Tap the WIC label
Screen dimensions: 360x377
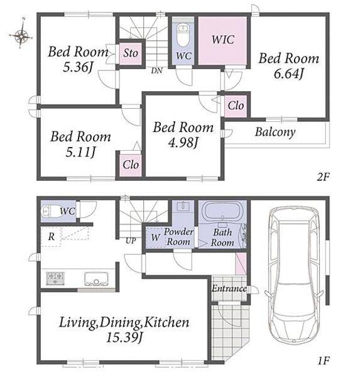coord(222,40)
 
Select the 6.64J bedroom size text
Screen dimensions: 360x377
coord(288,74)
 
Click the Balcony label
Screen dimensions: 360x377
coord(275,132)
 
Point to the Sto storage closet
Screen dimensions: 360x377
coord(131,53)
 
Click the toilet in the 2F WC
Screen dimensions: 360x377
coord(183,35)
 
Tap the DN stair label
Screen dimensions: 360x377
coord(157,70)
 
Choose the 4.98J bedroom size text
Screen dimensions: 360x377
coord(183,143)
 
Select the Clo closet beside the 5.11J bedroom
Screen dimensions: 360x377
coord(131,165)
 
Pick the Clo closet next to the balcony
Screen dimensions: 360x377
coord(236,106)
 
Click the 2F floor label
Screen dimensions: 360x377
coord(323,177)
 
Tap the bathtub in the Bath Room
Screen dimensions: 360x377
coord(222,211)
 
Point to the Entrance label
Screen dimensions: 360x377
coord(229,288)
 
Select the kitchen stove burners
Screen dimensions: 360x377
coord(55,278)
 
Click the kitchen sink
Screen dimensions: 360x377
coord(96,279)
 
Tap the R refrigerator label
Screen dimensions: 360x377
coord(52,237)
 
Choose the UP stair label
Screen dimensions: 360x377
coord(131,241)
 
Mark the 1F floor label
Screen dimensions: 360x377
coord(324,361)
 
